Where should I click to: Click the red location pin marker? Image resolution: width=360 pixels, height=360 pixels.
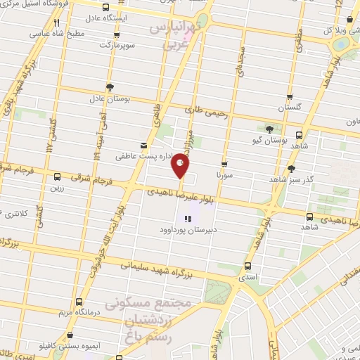click(181, 165)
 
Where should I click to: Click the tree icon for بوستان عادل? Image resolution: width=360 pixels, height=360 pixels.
click(110, 86)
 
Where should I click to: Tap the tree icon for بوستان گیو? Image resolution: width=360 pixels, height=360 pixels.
click(269, 129)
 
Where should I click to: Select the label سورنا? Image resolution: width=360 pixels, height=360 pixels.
click(224, 173)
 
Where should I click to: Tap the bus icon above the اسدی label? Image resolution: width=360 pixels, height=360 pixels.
click(247, 266)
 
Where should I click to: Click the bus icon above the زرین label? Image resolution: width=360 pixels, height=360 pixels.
click(57, 179)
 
